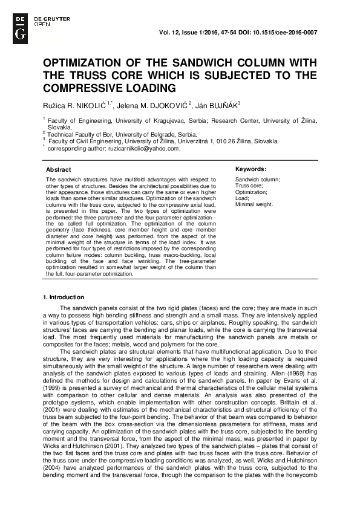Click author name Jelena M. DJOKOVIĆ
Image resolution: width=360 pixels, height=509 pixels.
153,105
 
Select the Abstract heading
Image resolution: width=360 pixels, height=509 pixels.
58,170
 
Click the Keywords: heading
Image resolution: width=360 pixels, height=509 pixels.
250,169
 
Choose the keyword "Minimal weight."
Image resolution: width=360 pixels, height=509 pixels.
254,204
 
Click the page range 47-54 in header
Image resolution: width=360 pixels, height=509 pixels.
232,31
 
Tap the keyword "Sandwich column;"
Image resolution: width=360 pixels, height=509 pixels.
257,180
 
